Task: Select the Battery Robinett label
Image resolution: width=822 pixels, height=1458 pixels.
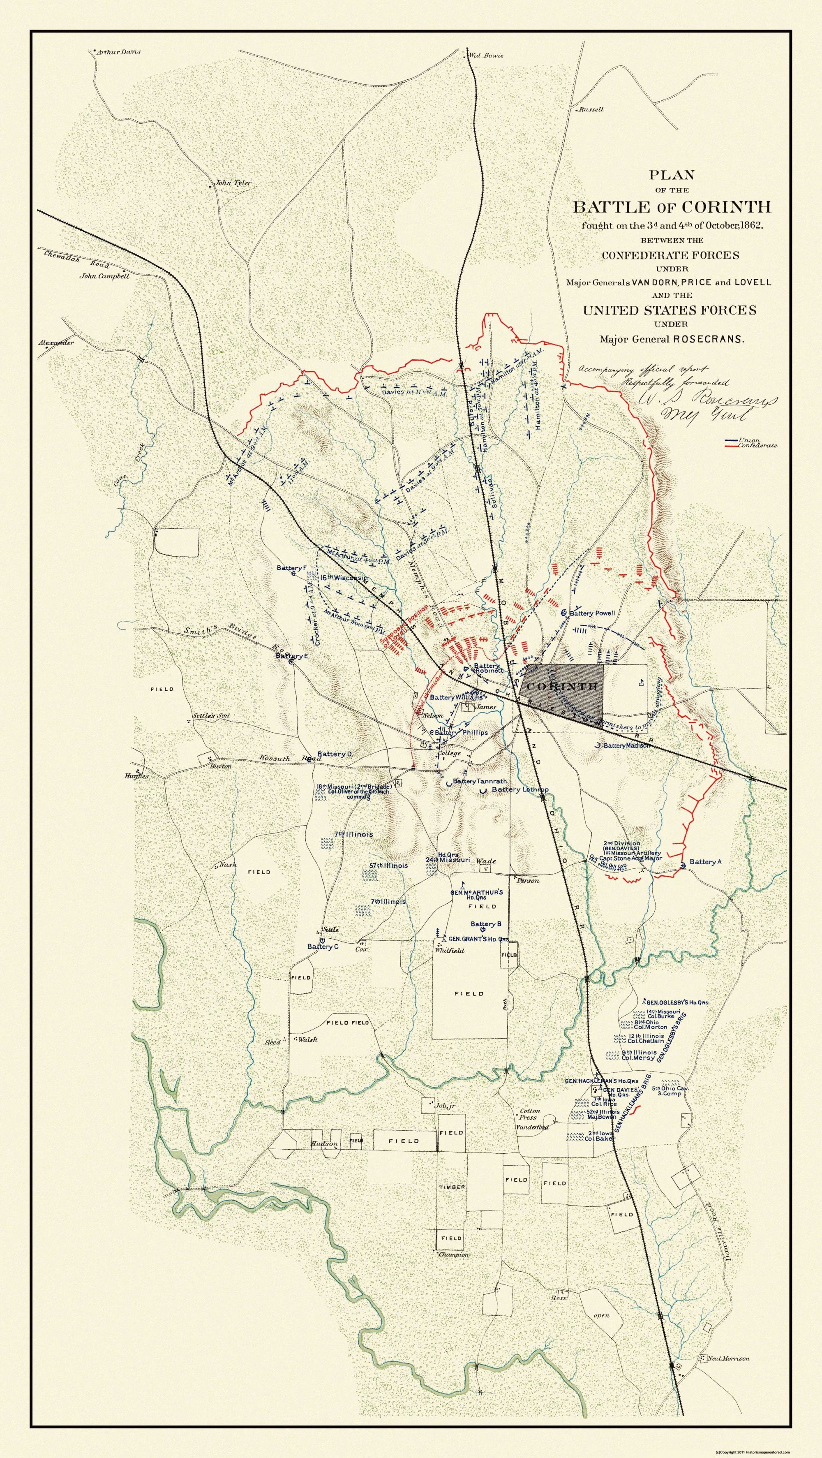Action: [488, 668]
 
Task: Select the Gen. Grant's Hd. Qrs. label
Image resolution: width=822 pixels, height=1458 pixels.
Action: [478, 939]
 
